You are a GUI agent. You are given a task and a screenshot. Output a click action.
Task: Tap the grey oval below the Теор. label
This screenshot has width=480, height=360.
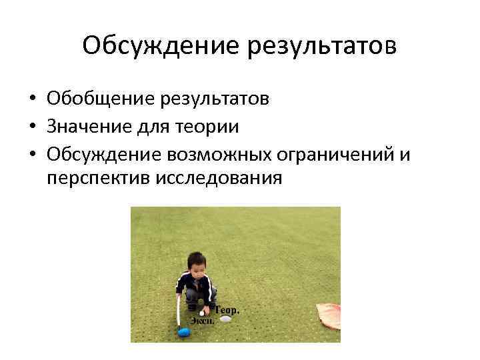pyautogui.click(x=226, y=319)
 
